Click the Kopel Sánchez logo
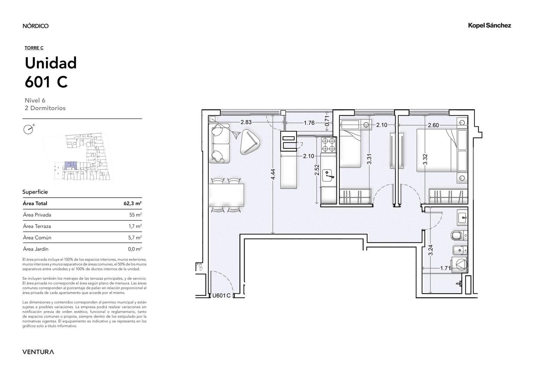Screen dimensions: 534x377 489,26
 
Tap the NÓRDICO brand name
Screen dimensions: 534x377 35,26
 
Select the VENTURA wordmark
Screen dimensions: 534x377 38,352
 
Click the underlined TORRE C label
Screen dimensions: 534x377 34,48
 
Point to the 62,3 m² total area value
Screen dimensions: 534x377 133,203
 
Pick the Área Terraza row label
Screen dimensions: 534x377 37,226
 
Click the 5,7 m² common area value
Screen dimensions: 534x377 135,238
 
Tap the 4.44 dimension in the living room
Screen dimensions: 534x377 273,174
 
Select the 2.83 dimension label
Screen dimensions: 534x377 246,122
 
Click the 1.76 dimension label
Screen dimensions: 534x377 309,123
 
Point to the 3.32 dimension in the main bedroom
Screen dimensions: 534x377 425,160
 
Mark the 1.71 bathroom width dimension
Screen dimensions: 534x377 445,268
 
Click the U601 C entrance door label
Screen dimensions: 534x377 221,296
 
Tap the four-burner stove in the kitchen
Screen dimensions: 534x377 328,145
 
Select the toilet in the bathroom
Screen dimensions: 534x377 459,235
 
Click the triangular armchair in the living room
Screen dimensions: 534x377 250,142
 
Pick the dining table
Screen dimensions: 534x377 226,195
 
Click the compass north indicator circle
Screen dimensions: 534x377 28,130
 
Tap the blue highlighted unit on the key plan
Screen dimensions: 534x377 71,165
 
